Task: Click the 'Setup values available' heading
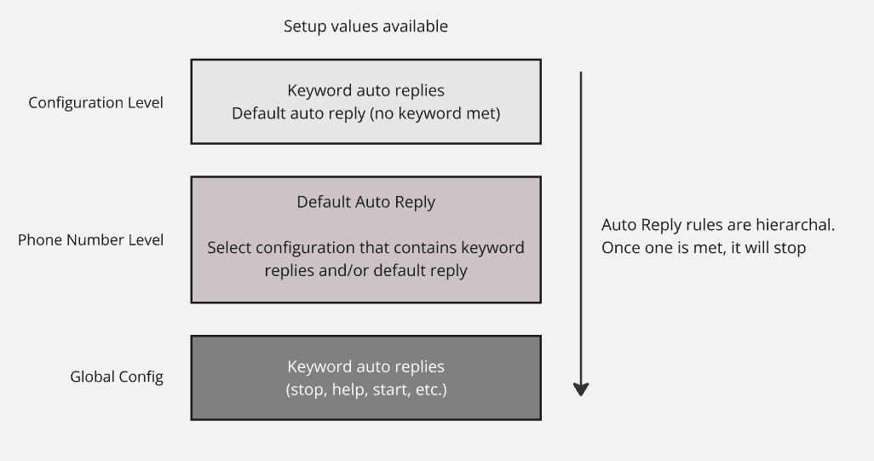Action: pos(365,26)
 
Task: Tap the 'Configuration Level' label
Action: pos(96,102)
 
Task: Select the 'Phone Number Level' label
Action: pos(91,239)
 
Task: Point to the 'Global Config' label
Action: pos(117,377)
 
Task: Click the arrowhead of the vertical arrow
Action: pos(581,389)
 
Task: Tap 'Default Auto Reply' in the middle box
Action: pos(365,202)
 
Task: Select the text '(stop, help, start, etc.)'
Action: pos(366,389)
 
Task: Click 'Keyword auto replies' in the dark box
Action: pos(365,366)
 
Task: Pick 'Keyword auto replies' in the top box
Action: pos(365,90)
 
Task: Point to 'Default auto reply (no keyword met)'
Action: pos(365,113)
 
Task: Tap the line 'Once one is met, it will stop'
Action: pos(704,247)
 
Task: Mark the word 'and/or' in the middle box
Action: pos(343,270)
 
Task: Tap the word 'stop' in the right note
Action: pos(790,248)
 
